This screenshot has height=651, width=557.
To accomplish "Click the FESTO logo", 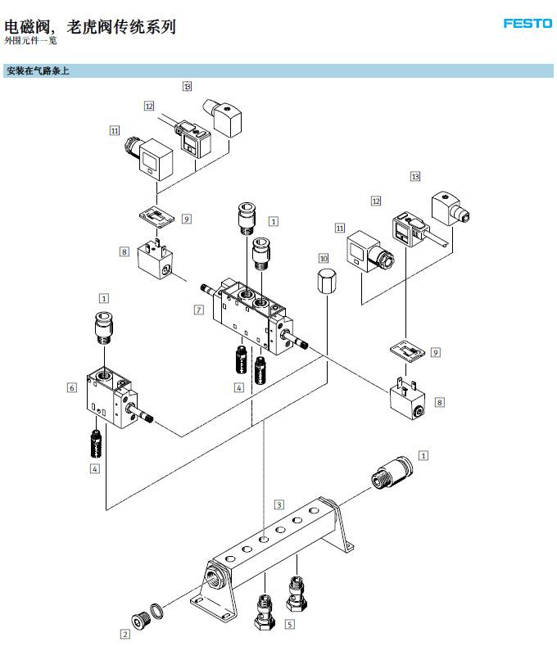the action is (528, 23).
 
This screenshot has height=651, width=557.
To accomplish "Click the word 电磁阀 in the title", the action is (27, 27).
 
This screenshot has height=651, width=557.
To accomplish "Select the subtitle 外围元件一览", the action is (30, 41).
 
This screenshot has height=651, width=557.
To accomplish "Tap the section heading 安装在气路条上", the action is (38, 71).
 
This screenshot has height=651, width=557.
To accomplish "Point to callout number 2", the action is (125, 634).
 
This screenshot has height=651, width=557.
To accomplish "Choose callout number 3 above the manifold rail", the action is (279, 505).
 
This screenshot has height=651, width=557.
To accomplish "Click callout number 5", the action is (289, 624).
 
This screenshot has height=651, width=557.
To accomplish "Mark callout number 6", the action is (72, 388).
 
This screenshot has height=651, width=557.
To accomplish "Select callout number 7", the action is (199, 310).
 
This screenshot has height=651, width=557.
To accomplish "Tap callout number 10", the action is (324, 258).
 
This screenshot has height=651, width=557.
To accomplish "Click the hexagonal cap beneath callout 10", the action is (327, 281).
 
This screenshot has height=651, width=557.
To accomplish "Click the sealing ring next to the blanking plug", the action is (156, 611).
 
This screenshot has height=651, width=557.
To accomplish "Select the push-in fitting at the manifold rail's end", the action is (392, 472).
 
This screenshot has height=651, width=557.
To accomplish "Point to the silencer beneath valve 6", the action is (97, 444).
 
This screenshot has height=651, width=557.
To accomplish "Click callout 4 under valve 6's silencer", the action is (95, 468).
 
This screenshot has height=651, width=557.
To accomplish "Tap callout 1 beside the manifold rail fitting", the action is (423, 456).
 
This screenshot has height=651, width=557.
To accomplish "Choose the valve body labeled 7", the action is (253, 315).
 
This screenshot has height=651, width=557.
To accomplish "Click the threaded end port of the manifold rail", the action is (215, 575).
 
